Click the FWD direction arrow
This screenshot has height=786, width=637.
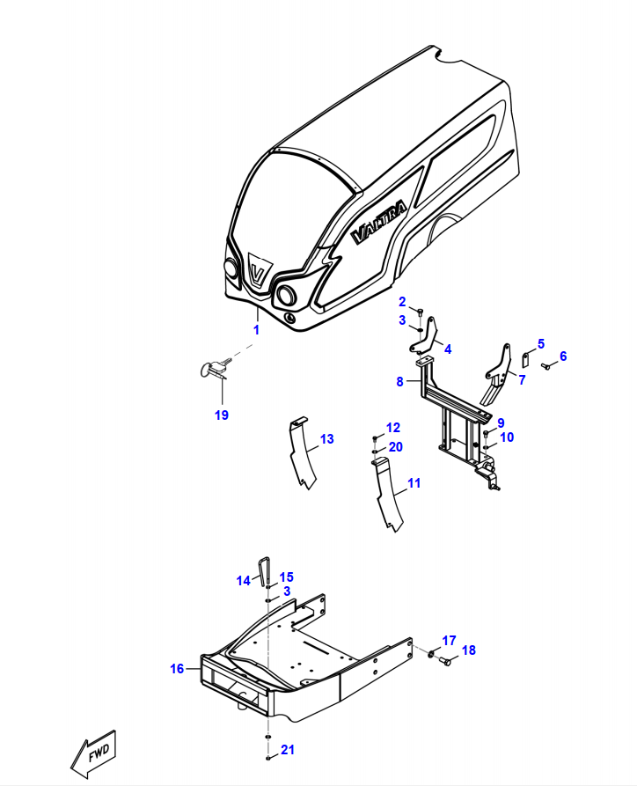(93, 753)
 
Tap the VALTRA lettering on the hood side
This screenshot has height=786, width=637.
(379, 222)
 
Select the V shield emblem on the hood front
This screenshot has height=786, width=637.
(259, 271)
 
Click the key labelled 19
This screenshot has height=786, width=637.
(215, 369)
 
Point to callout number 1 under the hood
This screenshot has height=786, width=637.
(257, 330)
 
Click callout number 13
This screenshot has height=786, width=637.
(326, 439)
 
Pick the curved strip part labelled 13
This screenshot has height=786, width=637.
(302, 452)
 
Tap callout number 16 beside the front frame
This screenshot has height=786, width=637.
(177, 669)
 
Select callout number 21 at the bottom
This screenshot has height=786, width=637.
(287, 750)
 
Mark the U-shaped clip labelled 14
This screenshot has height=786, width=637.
(264, 571)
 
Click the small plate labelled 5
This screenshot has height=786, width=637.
(526, 359)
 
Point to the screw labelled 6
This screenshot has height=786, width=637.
(546, 366)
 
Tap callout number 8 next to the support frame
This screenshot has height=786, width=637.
(399, 382)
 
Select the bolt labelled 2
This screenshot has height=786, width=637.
(420, 312)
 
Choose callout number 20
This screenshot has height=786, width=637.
(395, 447)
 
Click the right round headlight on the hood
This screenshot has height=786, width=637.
(287, 295)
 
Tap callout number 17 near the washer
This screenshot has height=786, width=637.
(449, 641)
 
